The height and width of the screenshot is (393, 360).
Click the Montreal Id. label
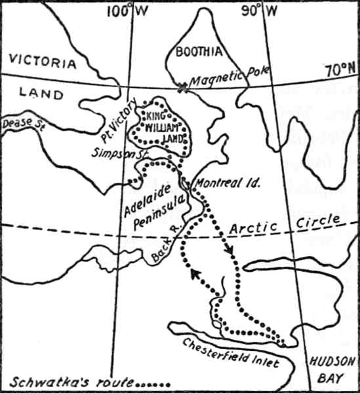pos(228,183)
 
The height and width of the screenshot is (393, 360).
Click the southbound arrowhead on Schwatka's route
pos(230,252)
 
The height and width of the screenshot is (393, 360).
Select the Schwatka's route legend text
pos(89,381)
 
